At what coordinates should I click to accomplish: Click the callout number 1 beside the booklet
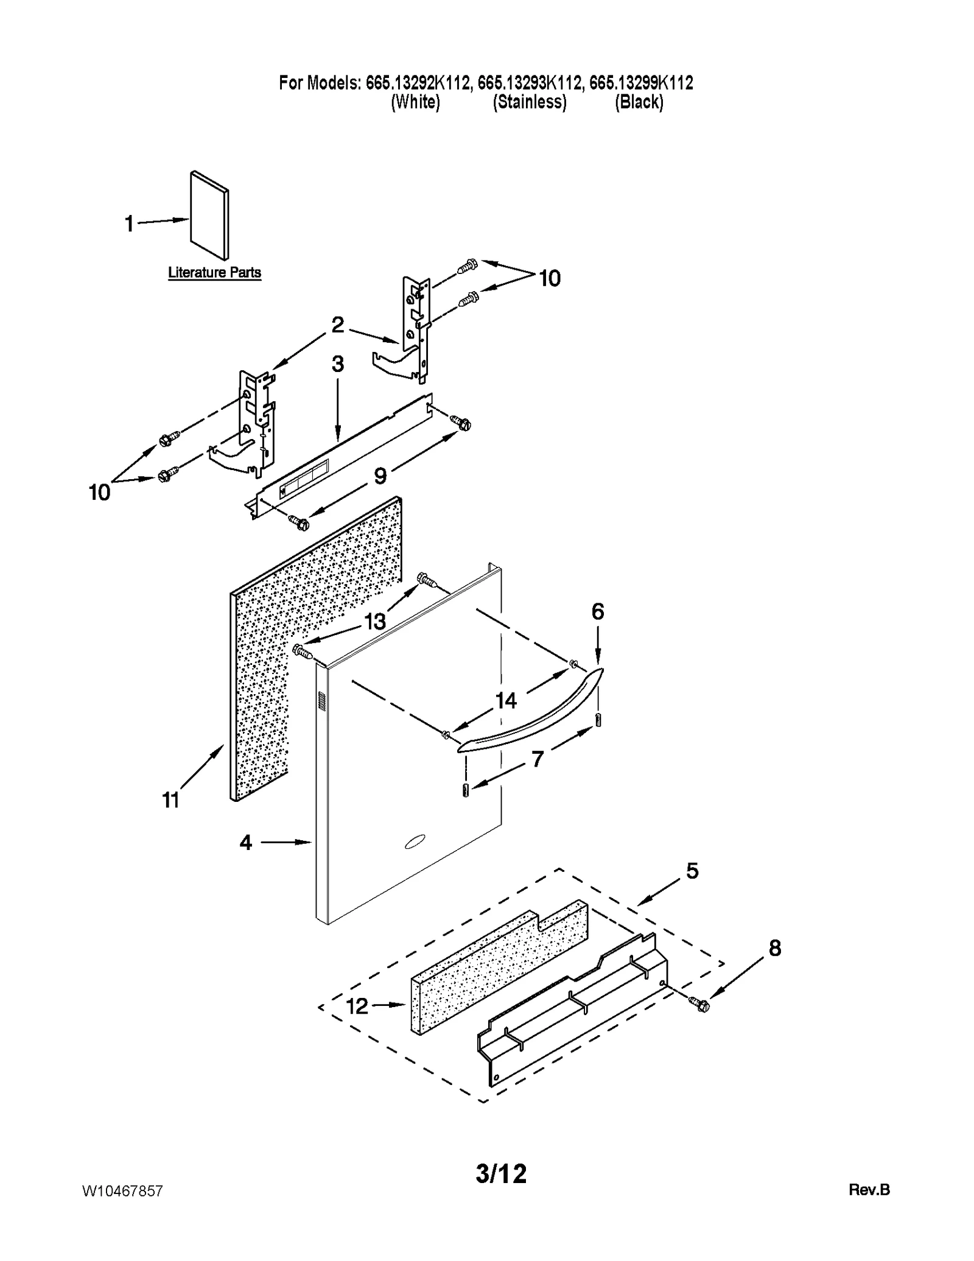tap(129, 224)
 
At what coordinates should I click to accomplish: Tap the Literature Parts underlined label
tap(214, 273)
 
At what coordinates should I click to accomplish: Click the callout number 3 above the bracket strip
tap(337, 364)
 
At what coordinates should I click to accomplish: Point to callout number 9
tap(380, 476)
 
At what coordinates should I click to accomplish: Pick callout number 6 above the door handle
tap(597, 611)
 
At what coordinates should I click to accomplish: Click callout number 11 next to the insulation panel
tap(171, 799)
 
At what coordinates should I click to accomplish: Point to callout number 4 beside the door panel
tap(245, 843)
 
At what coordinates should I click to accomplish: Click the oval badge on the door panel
tap(416, 843)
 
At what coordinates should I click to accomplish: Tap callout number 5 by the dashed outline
tap(692, 871)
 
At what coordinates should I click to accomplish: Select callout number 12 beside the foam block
tap(357, 1006)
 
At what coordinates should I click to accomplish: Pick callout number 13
tap(375, 622)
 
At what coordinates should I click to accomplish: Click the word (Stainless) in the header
tap(529, 102)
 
